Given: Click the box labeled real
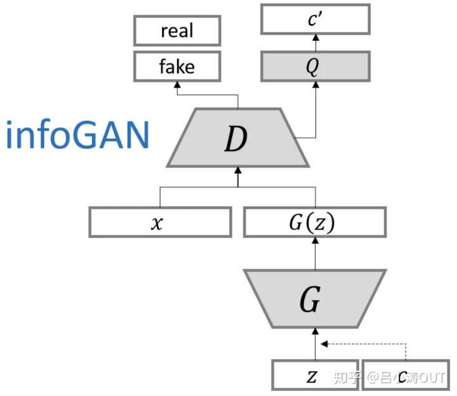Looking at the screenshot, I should pos(177,30).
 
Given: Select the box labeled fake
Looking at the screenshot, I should pos(177,66).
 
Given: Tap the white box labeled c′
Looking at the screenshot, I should pos(315,20).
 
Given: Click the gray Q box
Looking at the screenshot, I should pos(315,66).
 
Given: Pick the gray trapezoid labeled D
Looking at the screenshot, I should pos(238,138).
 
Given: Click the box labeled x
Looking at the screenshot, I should pos(159,222).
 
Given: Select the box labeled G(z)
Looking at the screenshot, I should pos(314,222).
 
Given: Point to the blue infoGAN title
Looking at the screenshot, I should pos(77,135).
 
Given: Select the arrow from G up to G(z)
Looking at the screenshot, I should pos(314,253).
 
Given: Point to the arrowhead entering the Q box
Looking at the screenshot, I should pos(315,85).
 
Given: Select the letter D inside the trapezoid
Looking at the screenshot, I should pos(236,139).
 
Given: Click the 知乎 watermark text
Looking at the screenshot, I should pos(347,379).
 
